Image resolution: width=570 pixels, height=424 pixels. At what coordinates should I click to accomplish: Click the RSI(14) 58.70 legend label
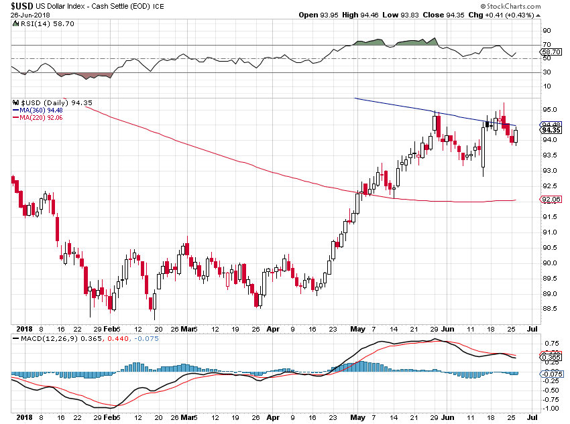point(42,23)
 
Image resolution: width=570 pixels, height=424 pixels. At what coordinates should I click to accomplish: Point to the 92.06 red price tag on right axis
point(551,200)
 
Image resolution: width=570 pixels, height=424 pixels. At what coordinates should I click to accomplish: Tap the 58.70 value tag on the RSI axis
point(551,52)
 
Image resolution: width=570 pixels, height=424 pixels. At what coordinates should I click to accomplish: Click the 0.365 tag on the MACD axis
point(551,358)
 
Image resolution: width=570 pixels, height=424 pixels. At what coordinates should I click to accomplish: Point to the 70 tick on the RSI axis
point(547,44)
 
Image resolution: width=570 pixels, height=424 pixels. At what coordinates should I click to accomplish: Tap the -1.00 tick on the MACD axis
point(551,407)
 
